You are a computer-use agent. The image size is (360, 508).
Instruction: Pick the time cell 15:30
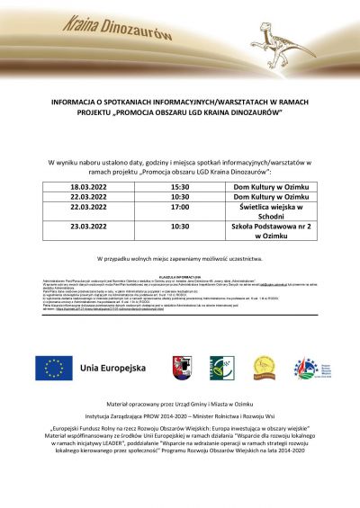point(180,186)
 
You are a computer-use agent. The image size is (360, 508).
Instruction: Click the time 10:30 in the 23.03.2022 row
point(180,227)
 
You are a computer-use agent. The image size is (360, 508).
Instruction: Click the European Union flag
point(54,368)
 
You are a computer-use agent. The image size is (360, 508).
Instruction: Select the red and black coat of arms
point(182,368)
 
